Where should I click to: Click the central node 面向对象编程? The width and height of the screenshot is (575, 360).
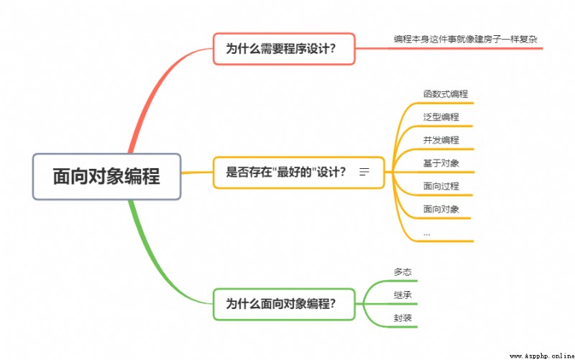pyautogui.click(x=106, y=177)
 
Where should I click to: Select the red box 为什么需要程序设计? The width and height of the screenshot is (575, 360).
pyautogui.click(x=284, y=49)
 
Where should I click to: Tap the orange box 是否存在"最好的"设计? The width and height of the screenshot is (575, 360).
pyautogui.click(x=299, y=172)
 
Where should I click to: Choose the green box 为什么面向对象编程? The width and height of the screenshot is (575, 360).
pyautogui.click(x=284, y=304)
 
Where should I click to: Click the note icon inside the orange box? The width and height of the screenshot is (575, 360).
pyautogui.click(x=364, y=172)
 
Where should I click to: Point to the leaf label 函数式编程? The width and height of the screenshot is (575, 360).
pyautogui.click(x=446, y=94)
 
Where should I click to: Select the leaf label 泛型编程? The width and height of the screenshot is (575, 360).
pyautogui.click(x=441, y=117)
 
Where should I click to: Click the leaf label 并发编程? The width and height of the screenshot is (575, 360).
pyautogui.click(x=441, y=140)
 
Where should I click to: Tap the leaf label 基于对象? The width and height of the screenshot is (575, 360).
pyautogui.click(x=441, y=163)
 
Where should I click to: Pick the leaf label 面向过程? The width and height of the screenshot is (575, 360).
pyautogui.click(x=441, y=186)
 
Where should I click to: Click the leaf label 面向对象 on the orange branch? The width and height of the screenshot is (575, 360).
pyautogui.click(x=441, y=209)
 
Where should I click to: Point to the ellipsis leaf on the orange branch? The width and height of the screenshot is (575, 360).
pyautogui.click(x=426, y=234)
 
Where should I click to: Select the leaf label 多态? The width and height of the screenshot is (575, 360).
pyautogui.click(x=402, y=272)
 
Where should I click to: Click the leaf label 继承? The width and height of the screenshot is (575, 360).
pyautogui.click(x=402, y=295)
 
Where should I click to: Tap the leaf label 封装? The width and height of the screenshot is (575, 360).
pyautogui.click(x=402, y=318)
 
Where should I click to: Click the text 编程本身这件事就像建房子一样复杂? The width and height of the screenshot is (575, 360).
pyautogui.click(x=466, y=40)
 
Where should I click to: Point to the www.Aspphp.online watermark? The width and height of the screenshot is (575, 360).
pyautogui.click(x=542, y=356)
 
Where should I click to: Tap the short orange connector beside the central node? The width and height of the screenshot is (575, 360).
pyautogui.click(x=197, y=172)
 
